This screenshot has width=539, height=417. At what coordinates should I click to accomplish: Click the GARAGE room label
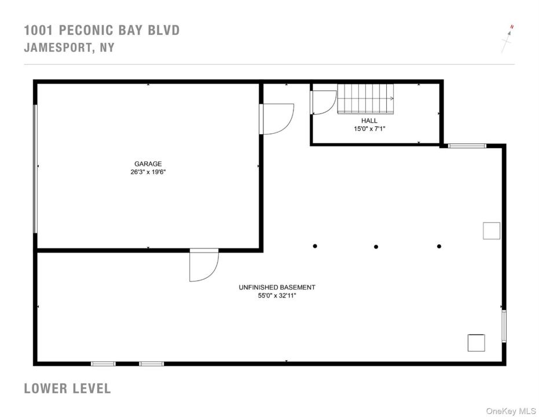pyautogui.click(x=148, y=164)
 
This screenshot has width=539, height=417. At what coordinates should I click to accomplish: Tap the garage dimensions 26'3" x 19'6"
pyautogui.click(x=148, y=172)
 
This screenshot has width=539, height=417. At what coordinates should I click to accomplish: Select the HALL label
pyautogui.click(x=369, y=120)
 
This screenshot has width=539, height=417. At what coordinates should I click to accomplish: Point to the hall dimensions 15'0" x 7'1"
pyautogui.click(x=369, y=129)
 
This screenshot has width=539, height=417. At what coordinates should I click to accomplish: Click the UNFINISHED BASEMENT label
pyautogui.click(x=277, y=287)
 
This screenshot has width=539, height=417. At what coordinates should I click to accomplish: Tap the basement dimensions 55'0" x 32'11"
pyautogui.click(x=277, y=295)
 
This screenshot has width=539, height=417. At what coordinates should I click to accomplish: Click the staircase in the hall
pyautogui.click(x=365, y=99)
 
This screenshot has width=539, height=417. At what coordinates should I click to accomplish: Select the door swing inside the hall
pyautogui.click(x=324, y=103)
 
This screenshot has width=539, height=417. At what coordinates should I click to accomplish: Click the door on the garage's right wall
pyautogui.click(x=277, y=119)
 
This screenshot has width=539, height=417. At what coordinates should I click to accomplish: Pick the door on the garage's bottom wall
pyautogui.click(x=204, y=265)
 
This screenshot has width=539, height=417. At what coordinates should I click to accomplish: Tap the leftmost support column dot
pyautogui.click(x=315, y=246)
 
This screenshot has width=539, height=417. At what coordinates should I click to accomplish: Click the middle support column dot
pyautogui.click(x=376, y=247)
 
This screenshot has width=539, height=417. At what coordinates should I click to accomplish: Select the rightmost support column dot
pyautogui.click(x=439, y=247)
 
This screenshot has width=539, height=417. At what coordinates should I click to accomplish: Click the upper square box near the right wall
pyautogui.click(x=492, y=231)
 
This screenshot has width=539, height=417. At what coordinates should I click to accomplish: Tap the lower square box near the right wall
pyautogui.click(x=476, y=343)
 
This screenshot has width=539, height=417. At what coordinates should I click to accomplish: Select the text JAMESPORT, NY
pyautogui.click(x=69, y=47)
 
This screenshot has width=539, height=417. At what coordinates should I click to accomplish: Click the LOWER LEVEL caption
pyautogui.click(x=67, y=389)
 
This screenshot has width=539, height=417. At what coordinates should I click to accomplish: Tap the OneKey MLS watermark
pyautogui.click(x=511, y=411)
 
